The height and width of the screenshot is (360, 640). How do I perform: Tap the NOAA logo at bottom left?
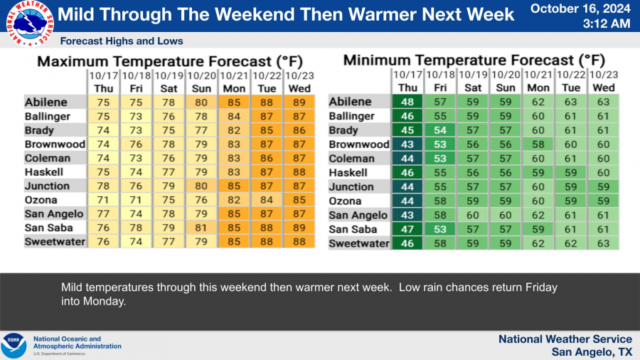coord(14,346)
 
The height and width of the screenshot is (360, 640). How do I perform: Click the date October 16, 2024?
coord(580,9)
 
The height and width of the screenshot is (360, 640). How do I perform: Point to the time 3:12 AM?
coord(606,23)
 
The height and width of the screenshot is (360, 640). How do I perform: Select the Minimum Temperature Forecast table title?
coord(474,60)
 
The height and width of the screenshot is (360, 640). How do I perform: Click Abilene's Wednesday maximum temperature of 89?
coord(299,102)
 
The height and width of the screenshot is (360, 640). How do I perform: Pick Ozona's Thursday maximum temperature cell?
coord(103,200)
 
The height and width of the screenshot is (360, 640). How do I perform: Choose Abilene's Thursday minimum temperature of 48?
coord(407,102)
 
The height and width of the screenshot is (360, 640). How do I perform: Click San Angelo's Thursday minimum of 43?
coord(407,215)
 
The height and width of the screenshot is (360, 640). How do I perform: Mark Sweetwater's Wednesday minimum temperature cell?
coord(604,243)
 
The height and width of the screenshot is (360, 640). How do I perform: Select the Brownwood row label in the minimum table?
coord(360,144)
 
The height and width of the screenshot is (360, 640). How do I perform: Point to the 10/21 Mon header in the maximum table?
coord(234,81)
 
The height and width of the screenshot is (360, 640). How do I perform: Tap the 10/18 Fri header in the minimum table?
coord(440,81)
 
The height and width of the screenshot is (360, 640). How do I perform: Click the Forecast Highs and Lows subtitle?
coord(122,41)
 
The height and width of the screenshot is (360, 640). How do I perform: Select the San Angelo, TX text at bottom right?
coord(592,352)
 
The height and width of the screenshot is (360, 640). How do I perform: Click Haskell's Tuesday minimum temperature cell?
coord(571,172)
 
